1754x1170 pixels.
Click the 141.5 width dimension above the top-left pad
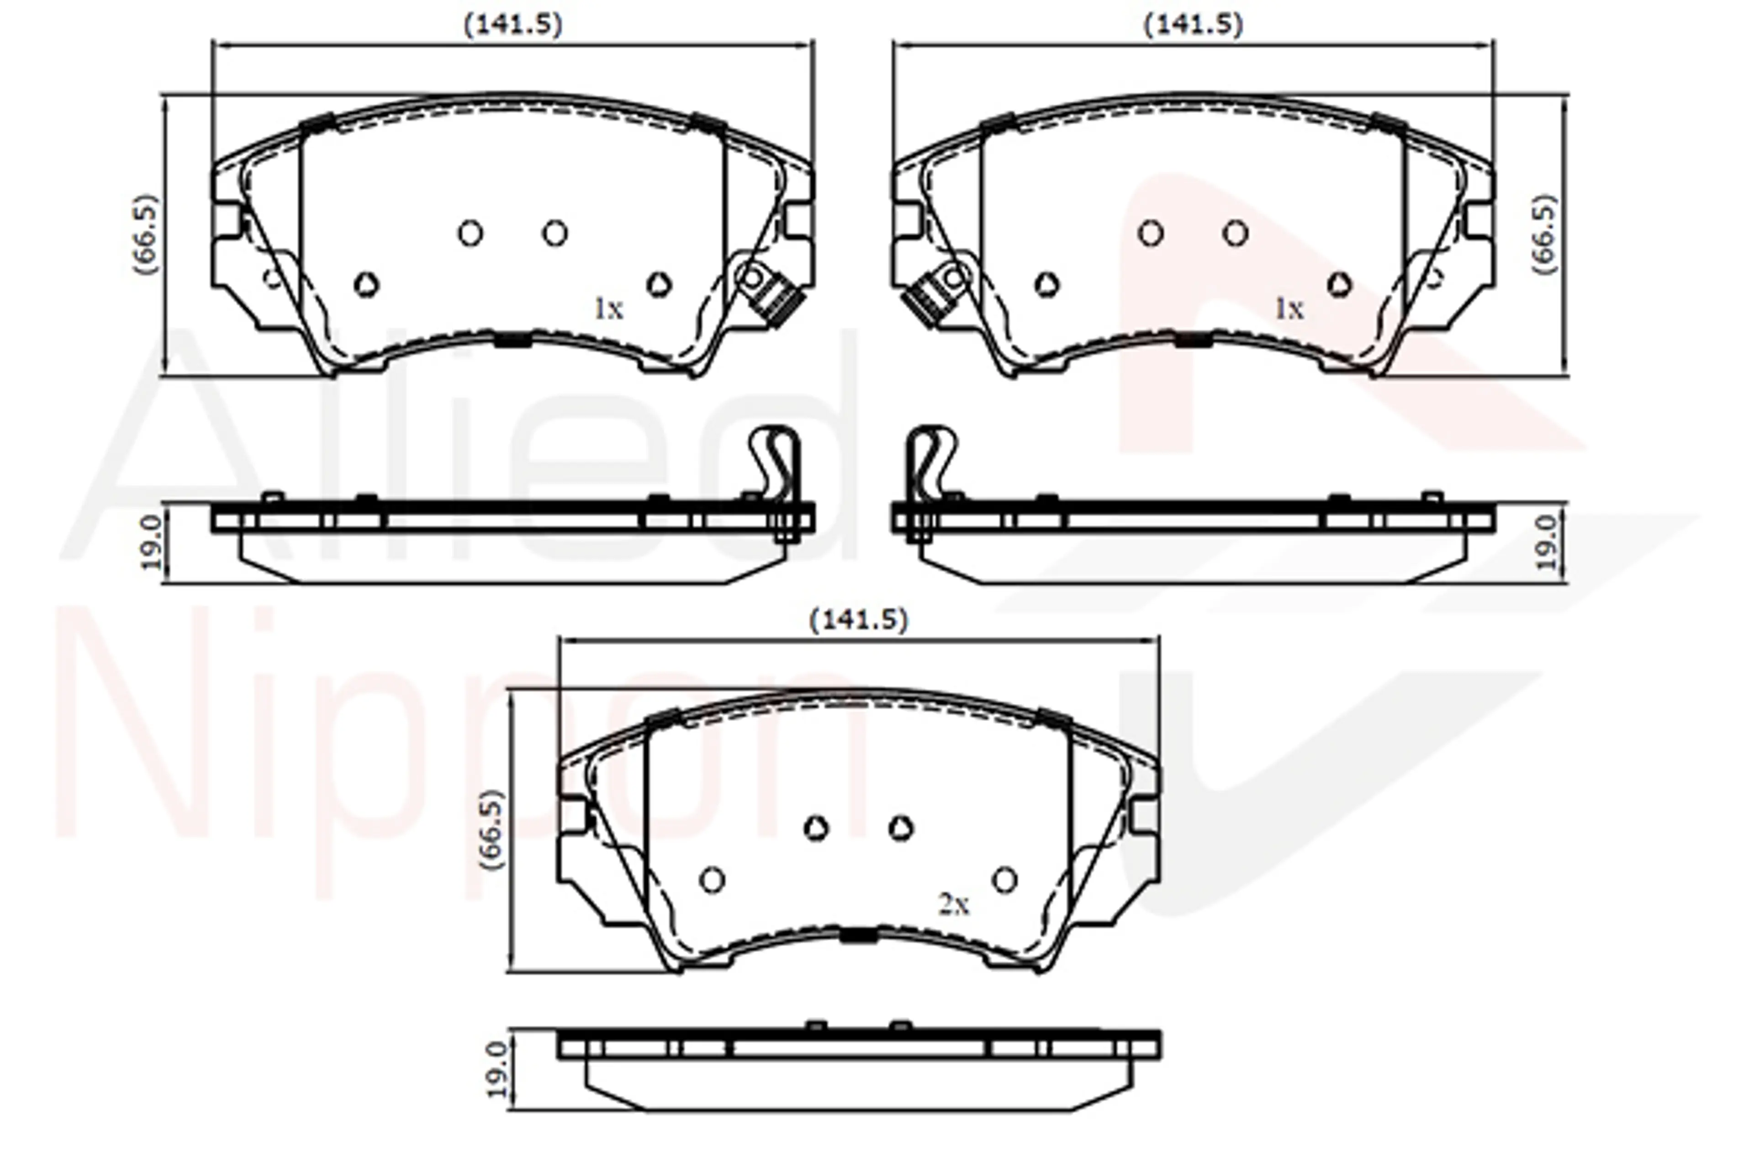[x=513, y=25]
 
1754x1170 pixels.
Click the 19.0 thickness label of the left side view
[x=151, y=542]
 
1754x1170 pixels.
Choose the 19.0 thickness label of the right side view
[x=1547, y=542]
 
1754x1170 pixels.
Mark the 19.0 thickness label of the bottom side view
[x=497, y=1070]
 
